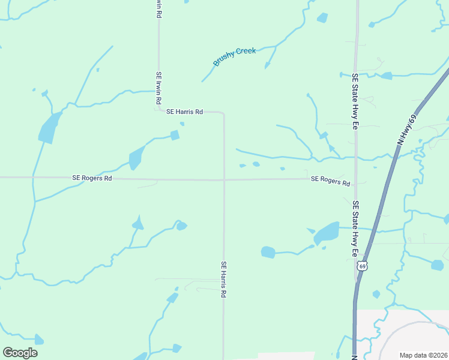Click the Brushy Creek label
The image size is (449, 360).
234,56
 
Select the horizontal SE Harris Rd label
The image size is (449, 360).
185,112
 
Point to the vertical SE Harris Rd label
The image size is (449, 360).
223,280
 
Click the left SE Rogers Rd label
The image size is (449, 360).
92,178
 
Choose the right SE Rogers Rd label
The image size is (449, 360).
330,181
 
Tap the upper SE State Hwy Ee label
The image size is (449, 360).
355,102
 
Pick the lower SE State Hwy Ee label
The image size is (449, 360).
355,229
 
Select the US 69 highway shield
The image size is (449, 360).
361,265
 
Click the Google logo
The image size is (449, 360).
20,353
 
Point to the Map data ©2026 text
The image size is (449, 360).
423,355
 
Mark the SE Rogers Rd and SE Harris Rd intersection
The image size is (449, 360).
224,179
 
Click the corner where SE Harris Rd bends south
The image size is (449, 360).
223,113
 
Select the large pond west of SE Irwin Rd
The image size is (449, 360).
48,127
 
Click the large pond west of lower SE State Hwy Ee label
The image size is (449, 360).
327,233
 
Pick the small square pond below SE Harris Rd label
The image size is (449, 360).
175,136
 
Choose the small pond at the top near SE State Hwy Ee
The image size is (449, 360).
322,17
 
